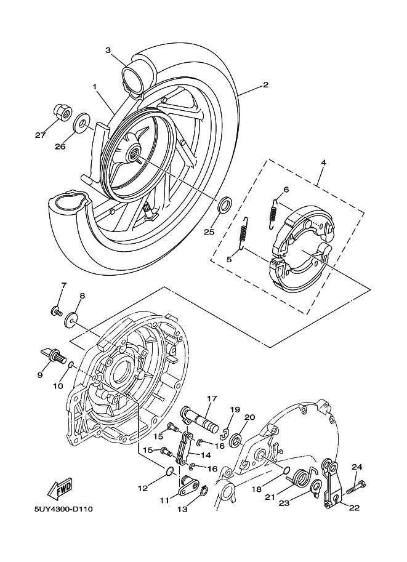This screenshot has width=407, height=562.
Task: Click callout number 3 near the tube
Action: click(x=108, y=50)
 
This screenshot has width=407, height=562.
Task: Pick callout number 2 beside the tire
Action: click(x=265, y=86)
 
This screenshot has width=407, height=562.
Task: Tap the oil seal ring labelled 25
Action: click(x=226, y=204)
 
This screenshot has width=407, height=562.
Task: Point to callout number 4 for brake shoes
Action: click(x=323, y=164)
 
